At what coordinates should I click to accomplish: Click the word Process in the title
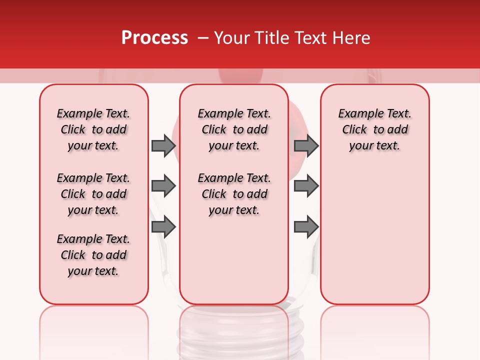pos(154,38)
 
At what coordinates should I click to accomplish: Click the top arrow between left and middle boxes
pos(163,145)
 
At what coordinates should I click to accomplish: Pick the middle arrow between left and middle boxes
pos(163,186)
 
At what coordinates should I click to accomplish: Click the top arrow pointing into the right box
pos(306,145)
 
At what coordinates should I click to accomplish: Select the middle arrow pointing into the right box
pos(306,186)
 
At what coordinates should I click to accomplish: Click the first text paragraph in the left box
pos(93,129)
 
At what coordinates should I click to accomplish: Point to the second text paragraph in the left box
pos(93,194)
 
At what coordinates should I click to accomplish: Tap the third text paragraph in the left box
pos(93,255)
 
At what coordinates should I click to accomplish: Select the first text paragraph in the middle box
pos(234,129)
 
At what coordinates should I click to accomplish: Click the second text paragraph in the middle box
pos(234,194)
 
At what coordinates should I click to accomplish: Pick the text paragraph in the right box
pos(374,129)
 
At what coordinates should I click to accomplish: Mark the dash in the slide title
pos(203,38)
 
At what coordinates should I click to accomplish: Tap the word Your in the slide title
pos(231,38)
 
